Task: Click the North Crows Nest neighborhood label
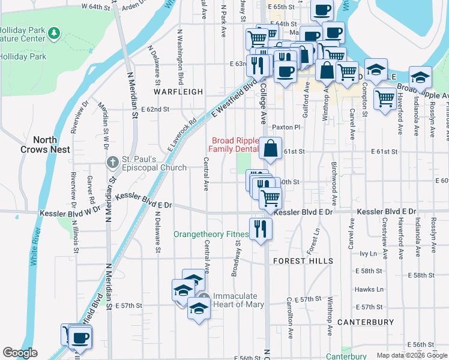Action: coord(45,144)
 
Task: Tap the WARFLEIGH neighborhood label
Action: coord(178,92)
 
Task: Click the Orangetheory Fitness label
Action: coord(211,234)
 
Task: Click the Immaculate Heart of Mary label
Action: coord(238,300)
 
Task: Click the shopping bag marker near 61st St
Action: coord(271,148)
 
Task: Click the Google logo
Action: coord(20,353)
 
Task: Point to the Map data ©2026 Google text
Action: coord(411,355)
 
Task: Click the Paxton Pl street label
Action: coord(285,127)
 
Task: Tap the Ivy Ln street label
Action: coord(367,254)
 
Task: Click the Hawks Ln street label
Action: coord(368,289)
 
